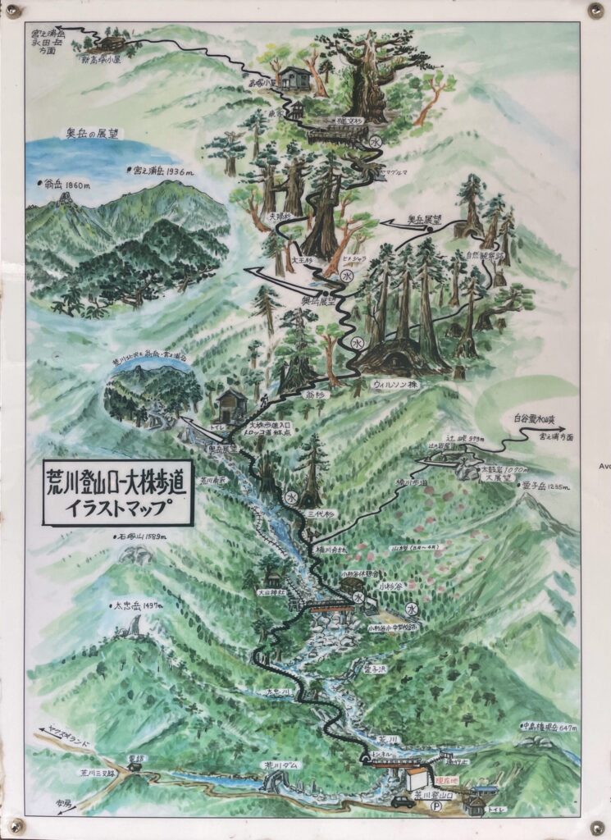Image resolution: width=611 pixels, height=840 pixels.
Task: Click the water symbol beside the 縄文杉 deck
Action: click(375, 142)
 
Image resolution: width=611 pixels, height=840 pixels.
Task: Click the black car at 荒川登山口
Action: click(403, 801)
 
